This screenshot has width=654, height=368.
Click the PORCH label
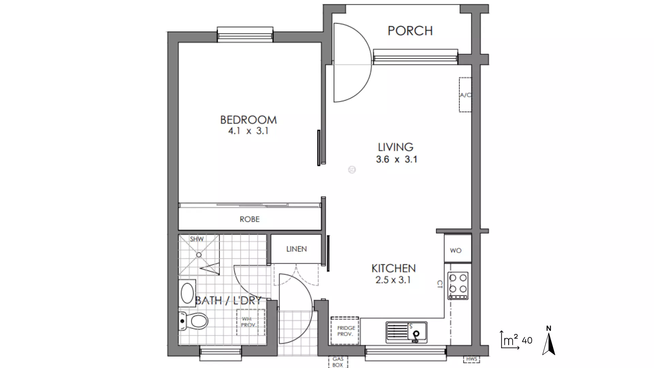410,31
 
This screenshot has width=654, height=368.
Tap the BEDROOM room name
248,120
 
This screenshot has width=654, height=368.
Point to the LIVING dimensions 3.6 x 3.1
396,159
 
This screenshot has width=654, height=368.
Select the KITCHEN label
393,269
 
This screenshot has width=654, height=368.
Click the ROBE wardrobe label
250,219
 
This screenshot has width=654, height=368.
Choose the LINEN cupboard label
296,249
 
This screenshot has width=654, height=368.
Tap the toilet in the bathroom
193,321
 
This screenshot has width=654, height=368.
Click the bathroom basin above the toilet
187,293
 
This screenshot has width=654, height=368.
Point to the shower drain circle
199,255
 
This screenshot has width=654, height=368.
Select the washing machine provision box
251,322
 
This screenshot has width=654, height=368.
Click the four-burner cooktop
458,286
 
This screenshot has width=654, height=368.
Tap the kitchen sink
406,332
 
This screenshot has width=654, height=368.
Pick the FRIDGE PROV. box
345,331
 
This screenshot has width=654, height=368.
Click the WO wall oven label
455,251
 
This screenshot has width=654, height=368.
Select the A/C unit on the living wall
465,95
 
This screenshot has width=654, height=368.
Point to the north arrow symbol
548,341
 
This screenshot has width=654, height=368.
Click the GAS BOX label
338,362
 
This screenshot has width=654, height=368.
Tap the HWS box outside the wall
472,359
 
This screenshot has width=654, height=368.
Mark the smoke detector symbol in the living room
352,169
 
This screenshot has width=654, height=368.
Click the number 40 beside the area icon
527,340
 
